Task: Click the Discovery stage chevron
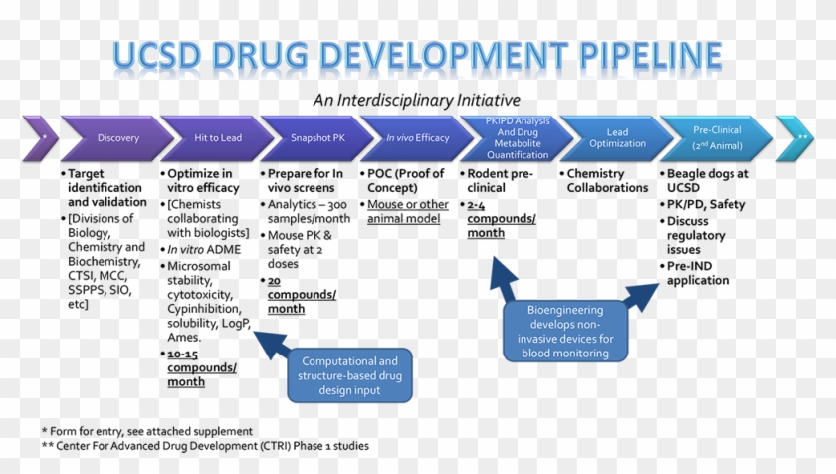coord(118,138)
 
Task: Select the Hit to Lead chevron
coord(218,138)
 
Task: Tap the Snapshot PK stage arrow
coord(317,138)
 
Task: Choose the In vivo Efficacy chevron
coord(418,138)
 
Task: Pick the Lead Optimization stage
coord(617,138)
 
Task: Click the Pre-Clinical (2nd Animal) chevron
coord(717,138)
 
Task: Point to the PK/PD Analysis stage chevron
coord(518,138)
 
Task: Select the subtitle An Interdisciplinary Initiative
coord(416,100)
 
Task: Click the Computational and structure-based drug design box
coord(349,375)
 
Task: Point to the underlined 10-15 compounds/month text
coord(202,367)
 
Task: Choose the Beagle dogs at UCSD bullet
coord(707,180)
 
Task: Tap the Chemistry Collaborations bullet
coord(607,180)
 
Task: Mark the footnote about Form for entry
coord(146,431)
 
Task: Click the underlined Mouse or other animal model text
coord(408,211)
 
